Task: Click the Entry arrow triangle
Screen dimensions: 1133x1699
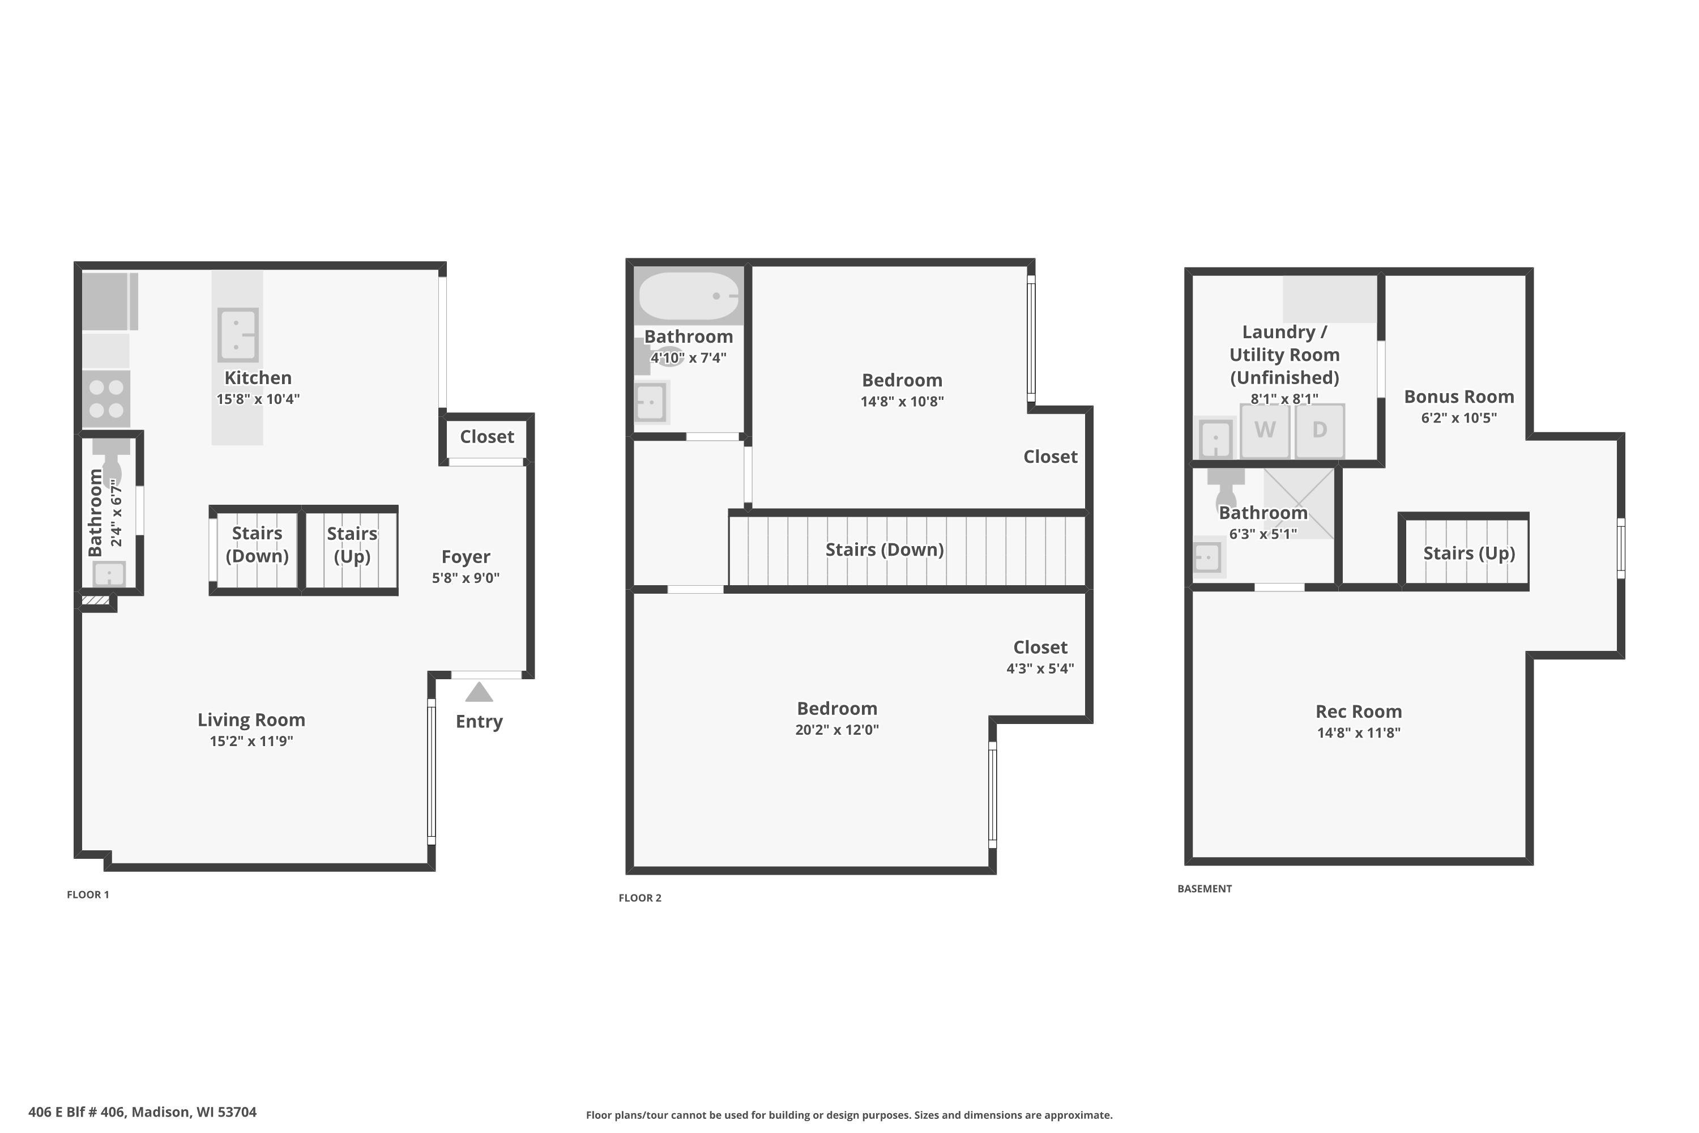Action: coord(479,693)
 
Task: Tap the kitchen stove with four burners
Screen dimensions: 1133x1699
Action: coord(106,399)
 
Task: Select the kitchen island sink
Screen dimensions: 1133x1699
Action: coord(238,335)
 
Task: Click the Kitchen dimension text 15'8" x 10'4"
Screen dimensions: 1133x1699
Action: coord(258,399)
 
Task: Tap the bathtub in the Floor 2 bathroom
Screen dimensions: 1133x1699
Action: coord(689,296)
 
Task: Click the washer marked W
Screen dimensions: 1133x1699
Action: coord(1264,431)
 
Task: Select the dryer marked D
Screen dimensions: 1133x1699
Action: coord(1320,431)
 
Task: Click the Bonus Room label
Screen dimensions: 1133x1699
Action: coord(1458,397)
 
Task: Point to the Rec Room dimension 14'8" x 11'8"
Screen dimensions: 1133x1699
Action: coord(1358,732)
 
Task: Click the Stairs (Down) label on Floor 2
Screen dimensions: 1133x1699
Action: coord(884,550)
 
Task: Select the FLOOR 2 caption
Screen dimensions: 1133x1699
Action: coord(639,898)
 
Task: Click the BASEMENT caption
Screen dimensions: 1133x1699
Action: coord(1204,889)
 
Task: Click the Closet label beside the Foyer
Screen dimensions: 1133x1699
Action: coord(487,437)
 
